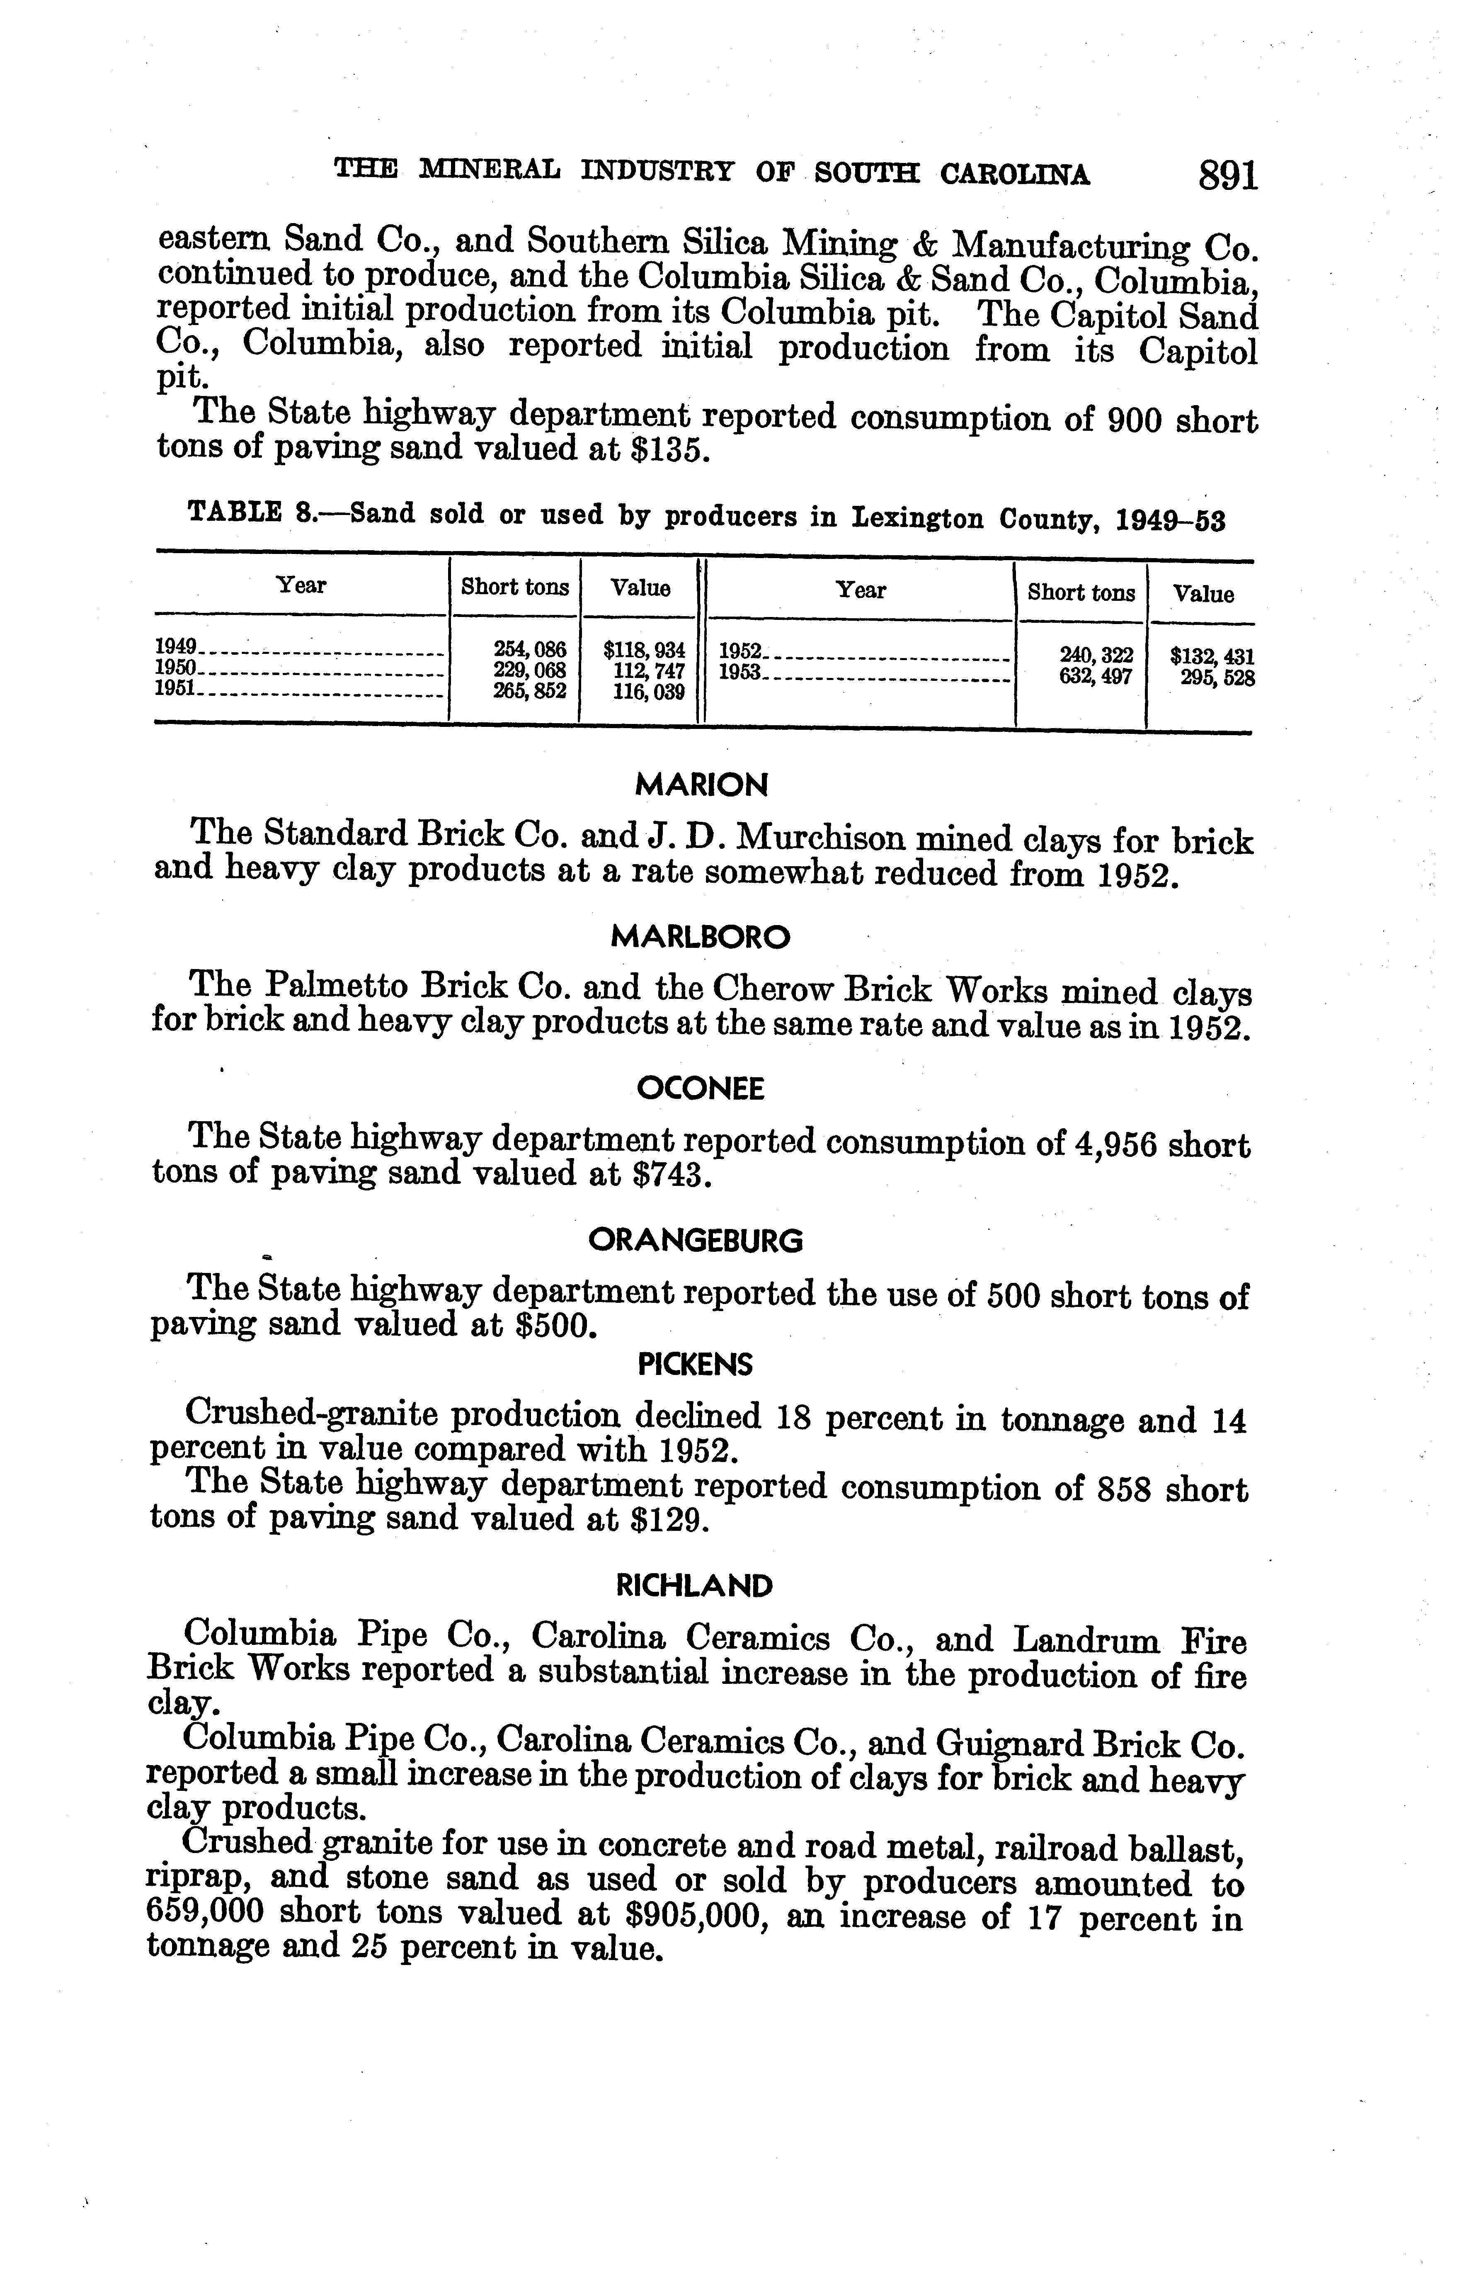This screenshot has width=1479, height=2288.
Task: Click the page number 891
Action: tap(1227, 176)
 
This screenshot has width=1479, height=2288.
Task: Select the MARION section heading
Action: tap(702, 786)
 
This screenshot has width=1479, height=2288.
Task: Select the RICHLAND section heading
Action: tap(693, 1585)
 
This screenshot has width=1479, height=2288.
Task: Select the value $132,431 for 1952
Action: tap(1212, 657)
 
